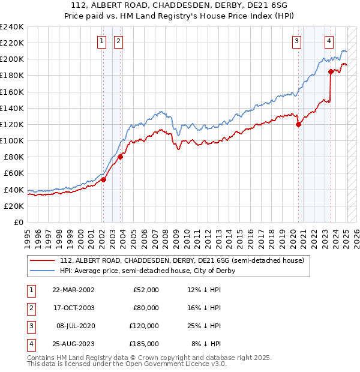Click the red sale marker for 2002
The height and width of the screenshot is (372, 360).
pyautogui.click(x=103, y=179)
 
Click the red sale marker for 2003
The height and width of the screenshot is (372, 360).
pyautogui.click(x=120, y=157)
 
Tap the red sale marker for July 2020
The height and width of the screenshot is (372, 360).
pyautogui.click(x=298, y=125)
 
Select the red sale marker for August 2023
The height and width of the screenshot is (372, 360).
pyautogui.click(x=331, y=71)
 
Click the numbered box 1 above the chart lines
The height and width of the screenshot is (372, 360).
pyautogui.click(x=102, y=41)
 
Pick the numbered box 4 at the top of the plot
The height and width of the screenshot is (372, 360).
pyautogui.click(x=329, y=41)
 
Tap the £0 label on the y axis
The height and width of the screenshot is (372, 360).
pyautogui.click(x=18, y=222)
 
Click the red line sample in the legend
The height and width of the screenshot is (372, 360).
pyautogui.click(x=43, y=261)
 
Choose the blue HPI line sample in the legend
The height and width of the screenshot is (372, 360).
pyautogui.click(x=43, y=271)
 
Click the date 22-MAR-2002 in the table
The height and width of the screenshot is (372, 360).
pyautogui.click(x=73, y=290)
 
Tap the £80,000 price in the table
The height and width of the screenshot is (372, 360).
pyautogui.click(x=146, y=308)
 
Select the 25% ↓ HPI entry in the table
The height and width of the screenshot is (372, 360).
pyautogui.click(x=204, y=326)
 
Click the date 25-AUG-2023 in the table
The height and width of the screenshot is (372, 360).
pyautogui.click(x=73, y=344)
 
